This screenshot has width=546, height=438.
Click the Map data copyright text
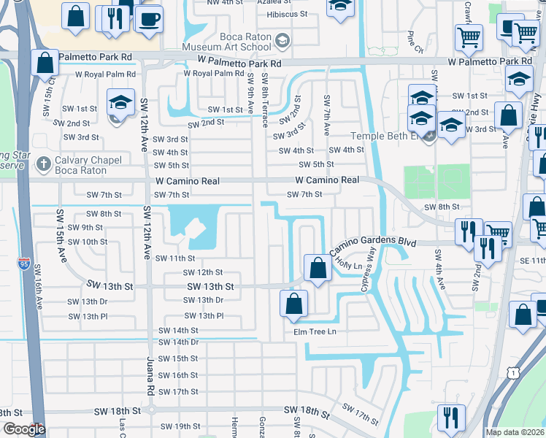point(515,431)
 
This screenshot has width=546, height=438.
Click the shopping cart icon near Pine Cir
point(469,36)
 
